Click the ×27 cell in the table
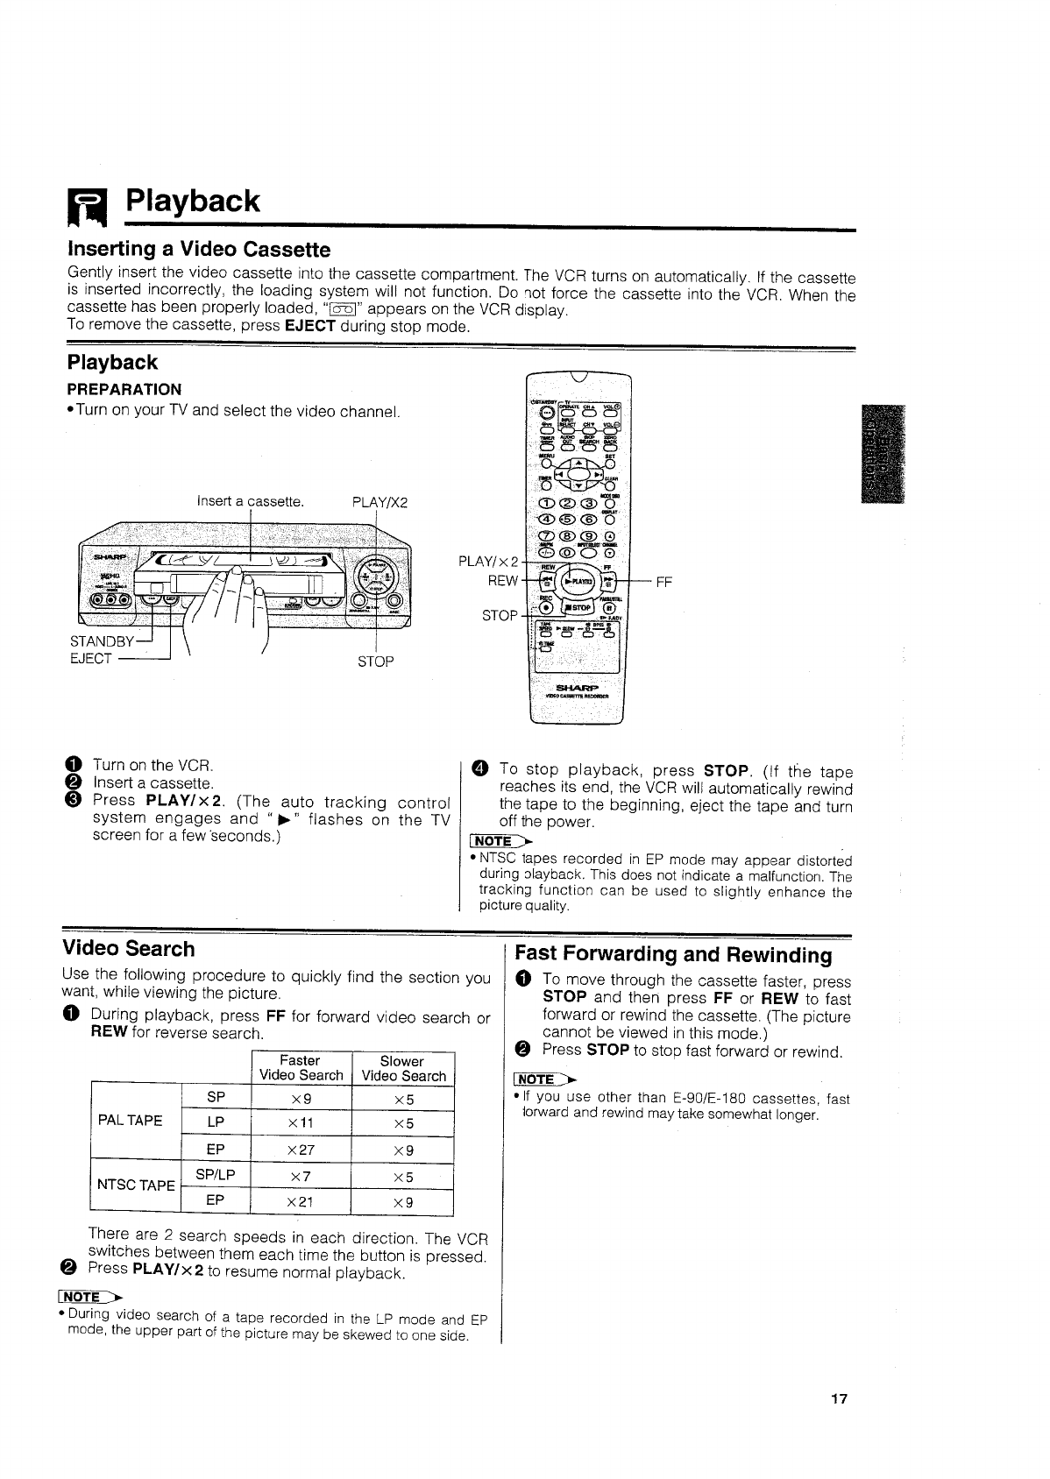[x=301, y=1150]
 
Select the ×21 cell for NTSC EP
[x=301, y=1202]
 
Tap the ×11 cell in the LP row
[x=301, y=1123]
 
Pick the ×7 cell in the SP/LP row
[x=301, y=1177]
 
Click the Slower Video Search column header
[x=403, y=1068]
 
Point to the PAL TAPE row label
[x=130, y=1121]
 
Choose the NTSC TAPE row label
[x=136, y=1185]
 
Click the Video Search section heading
[x=129, y=949]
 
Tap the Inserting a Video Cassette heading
[x=199, y=249]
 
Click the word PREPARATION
[x=124, y=389]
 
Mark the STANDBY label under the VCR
[x=98, y=642]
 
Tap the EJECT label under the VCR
[x=91, y=659]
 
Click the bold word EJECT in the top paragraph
[x=310, y=326]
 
